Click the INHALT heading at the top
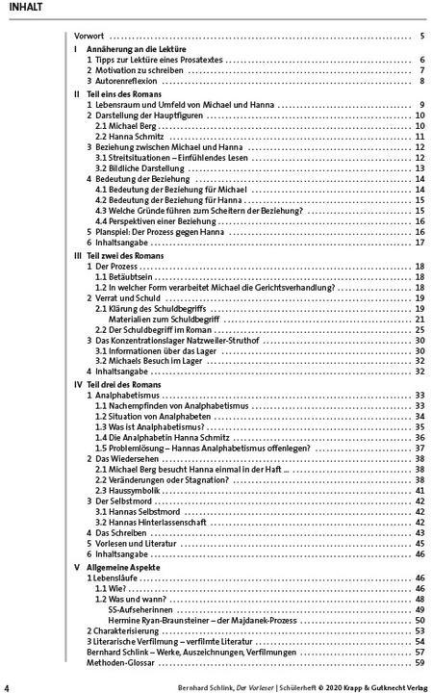[x=24, y=9]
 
